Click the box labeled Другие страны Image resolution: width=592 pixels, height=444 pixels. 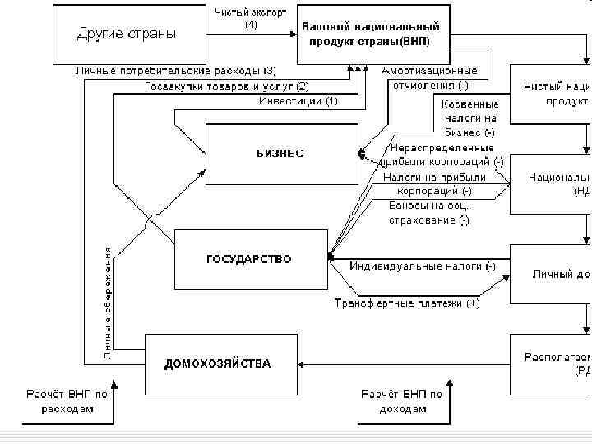click(x=127, y=33)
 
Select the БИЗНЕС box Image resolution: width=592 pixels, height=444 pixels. click(x=281, y=153)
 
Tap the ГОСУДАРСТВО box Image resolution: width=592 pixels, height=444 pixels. click(x=248, y=259)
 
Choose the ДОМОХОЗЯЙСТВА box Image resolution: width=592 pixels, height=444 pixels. click(x=218, y=363)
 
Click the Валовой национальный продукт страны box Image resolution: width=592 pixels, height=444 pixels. click(x=369, y=34)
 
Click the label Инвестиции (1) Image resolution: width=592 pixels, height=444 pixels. click(x=298, y=101)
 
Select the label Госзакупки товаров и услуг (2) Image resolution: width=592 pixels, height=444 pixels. click(x=227, y=86)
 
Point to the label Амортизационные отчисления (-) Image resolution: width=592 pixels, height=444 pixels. click(x=429, y=78)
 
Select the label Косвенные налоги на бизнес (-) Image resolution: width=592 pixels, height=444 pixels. click(x=469, y=118)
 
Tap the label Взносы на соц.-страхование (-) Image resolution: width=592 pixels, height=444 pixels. click(x=429, y=213)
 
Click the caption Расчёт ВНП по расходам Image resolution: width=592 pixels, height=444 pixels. click(x=67, y=401)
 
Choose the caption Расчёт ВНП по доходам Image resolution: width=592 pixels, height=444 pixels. click(x=401, y=401)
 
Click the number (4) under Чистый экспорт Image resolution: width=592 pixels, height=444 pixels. click(x=251, y=25)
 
